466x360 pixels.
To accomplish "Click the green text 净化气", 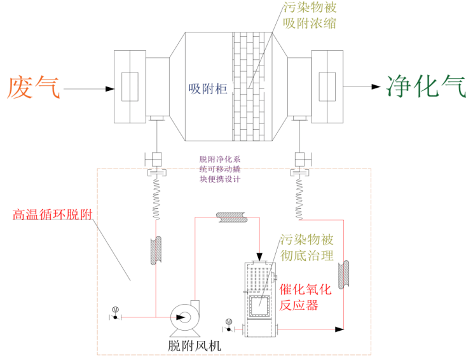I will pyautogui.click(x=420, y=84).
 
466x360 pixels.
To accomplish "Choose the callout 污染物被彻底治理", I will pyautogui.click(x=306, y=249).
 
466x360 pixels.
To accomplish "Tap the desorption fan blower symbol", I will pyautogui.click(x=185, y=316).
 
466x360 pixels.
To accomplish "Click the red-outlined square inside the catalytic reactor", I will pyautogui.click(x=259, y=305).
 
